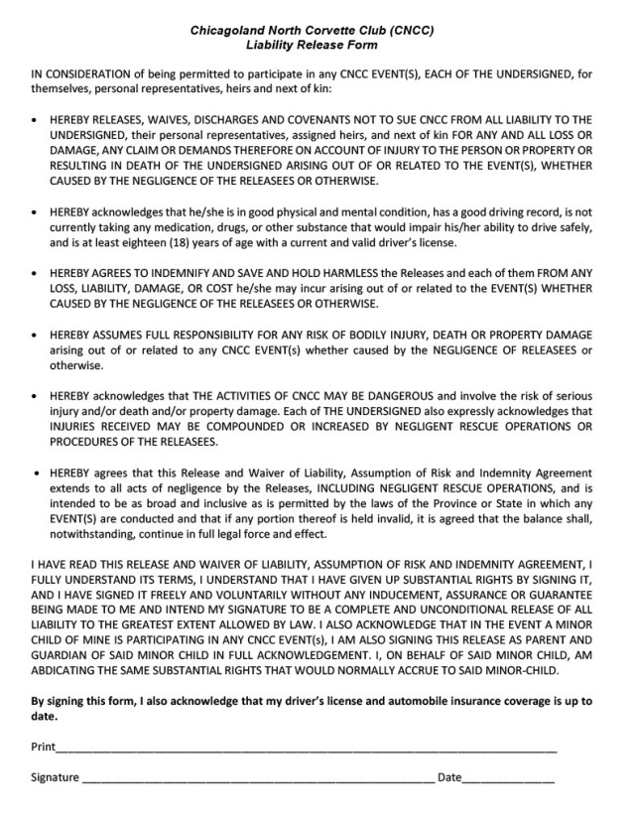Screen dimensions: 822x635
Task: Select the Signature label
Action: click(55, 776)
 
